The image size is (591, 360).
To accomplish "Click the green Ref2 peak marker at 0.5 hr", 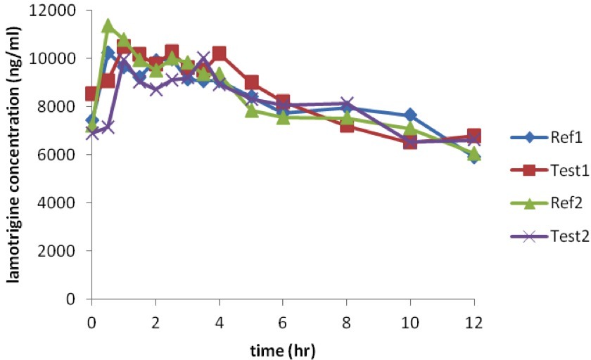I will click(108, 27).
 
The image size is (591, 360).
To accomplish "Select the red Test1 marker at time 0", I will click(92, 94).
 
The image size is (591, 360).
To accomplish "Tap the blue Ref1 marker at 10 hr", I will click(410, 115).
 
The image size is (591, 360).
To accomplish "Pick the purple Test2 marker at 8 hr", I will click(347, 104).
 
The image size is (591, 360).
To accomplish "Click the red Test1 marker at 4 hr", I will click(219, 53).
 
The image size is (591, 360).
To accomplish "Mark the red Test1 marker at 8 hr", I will click(347, 125).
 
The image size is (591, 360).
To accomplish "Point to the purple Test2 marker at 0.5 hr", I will click(108, 127).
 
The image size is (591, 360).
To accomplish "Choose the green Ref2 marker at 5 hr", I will click(251, 110).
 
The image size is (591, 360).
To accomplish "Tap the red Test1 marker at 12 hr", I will click(474, 136).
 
